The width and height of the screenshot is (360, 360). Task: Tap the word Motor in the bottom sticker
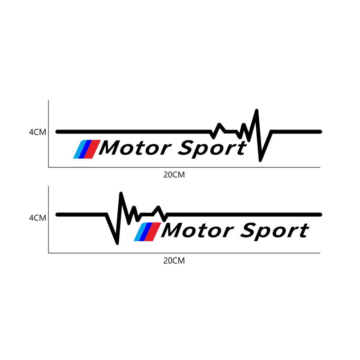196,231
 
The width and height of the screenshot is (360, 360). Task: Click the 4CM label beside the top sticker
38,132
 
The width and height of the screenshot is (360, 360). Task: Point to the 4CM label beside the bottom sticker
38,218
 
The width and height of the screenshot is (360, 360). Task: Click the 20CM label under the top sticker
174,175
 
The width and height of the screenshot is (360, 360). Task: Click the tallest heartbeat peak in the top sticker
256,111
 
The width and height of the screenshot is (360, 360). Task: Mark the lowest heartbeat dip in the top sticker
260,159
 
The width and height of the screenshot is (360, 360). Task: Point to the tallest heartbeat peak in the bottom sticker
121,194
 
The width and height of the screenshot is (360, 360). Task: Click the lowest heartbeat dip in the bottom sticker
117,243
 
